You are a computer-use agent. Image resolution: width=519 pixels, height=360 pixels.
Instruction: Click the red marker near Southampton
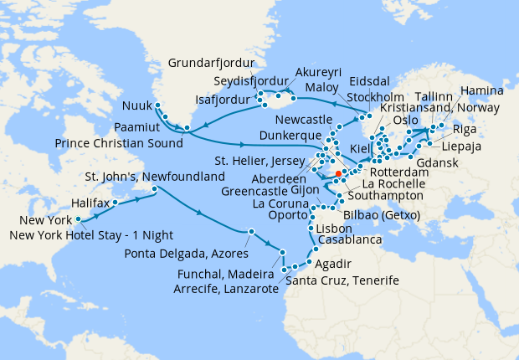click(338, 174)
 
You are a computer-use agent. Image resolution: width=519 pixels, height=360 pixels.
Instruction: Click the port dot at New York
click(79, 220)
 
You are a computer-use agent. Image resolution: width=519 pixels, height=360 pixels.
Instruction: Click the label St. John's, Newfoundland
click(155, 177)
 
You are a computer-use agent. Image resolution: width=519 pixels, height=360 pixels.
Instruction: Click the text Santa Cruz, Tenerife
click(342, 279)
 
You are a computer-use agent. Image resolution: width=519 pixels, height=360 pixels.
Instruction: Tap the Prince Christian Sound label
click(118, 143)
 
